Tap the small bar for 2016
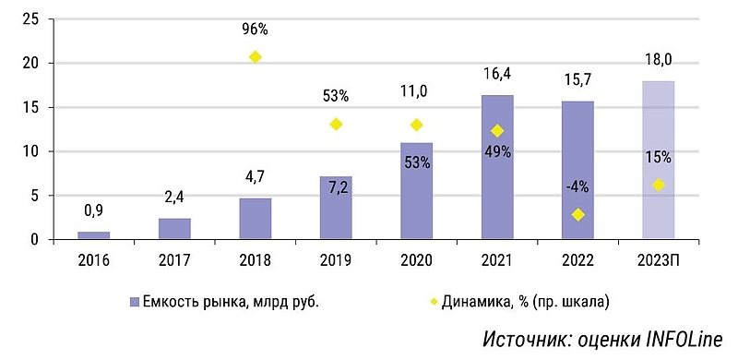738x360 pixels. click(x=93, y=235)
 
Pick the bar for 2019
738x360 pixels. click(x=336, y=208)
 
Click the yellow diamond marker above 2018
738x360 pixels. click(x=256, y=57)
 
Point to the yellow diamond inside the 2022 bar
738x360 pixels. click(x=577, y=215)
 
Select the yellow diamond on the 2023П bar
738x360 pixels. click(x=658, y=186)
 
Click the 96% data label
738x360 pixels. click(x=256, y=28)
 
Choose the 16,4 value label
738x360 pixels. click(x=497, y=73)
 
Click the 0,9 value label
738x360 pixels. click(x=93, y=210)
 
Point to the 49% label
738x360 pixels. click(x=497, y=152)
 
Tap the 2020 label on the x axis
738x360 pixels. click(x=416, y=260)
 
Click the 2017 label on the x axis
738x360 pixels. click(x=174, y=260)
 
